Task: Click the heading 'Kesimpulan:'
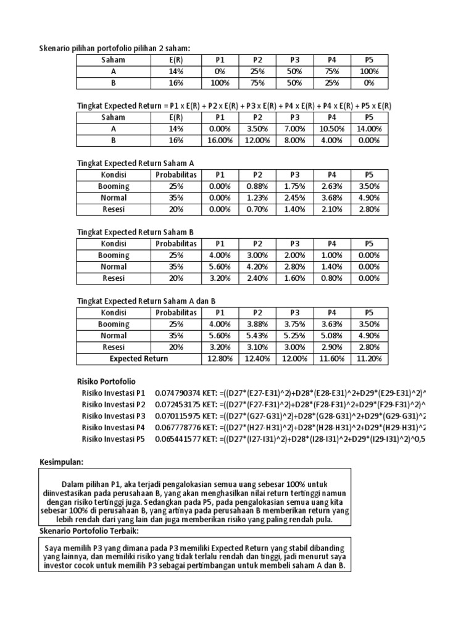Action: click(62, 462)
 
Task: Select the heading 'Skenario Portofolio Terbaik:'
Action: click(89, 531)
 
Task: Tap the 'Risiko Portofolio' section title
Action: click(106, 381)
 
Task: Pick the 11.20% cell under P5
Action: click(369, 359)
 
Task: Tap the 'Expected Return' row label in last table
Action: click(138, 359)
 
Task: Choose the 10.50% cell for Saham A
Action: click(332, 128)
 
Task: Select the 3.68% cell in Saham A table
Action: click(332, 197)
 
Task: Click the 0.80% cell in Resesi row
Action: click(332, 278)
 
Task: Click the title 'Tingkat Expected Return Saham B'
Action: click(135, 232)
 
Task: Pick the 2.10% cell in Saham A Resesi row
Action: click(332, 209)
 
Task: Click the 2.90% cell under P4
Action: click(332, 347)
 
